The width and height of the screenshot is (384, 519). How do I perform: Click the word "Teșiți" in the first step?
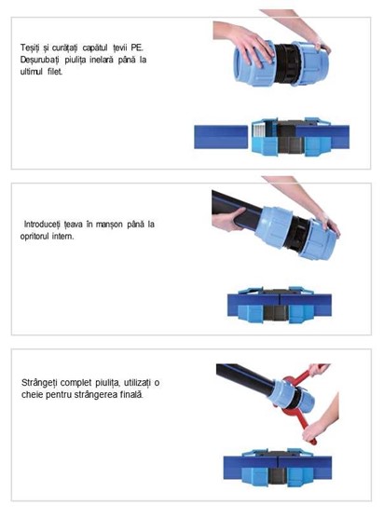[x=30, y=48]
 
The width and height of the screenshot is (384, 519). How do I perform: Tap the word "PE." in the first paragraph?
[x=137, y=48]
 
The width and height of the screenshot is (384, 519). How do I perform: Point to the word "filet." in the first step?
[x=55, y=72]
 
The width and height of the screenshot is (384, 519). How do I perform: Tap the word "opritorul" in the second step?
[x=34, y=237]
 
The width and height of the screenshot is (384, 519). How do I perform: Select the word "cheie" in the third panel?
[x=32, y=394]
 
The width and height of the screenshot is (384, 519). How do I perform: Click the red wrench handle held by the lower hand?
[x=307, y=427]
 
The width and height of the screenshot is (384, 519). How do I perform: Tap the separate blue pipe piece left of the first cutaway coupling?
[x=221, y=137]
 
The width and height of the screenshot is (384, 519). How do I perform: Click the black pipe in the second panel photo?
[x=236, y=210]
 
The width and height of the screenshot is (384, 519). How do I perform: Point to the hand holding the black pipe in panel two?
[x=227, y=220]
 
